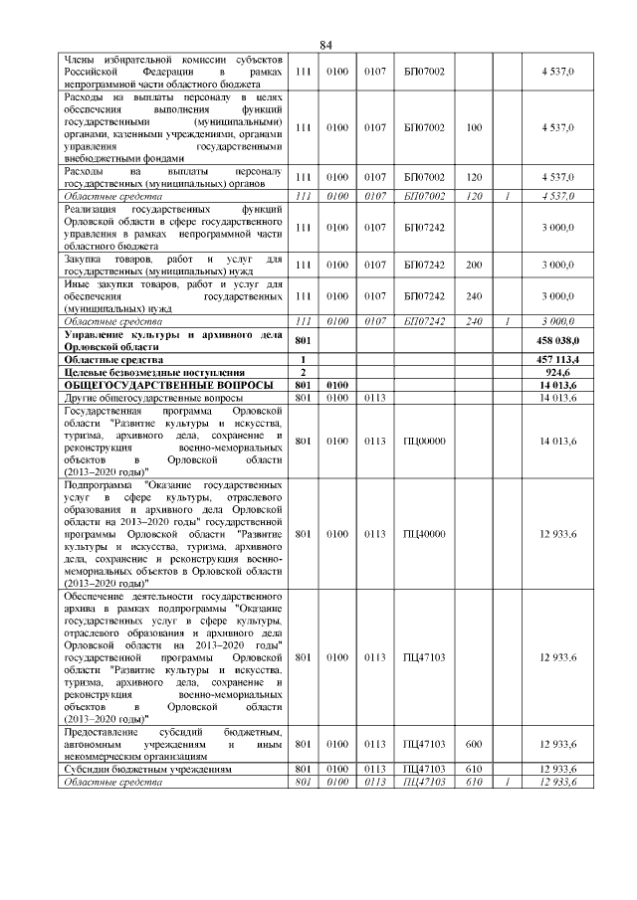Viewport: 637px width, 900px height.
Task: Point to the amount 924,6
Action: pyautogui.click(x=562, y=371)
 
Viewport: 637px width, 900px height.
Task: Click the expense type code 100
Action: pyautogui.click(x=473, y=127)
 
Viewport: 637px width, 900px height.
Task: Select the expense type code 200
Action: pyautogui.click(x=473, y=265)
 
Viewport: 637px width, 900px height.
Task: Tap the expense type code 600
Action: pyautogui.click(x=473, y=745)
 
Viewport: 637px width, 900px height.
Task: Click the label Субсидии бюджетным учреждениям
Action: pyautogui.click(x=146, y=770)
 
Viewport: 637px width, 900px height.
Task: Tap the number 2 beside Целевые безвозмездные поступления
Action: pyautogui.click(x=302, y=371)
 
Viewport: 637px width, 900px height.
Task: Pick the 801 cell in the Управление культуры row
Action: pyautogui.click(x=303, y=340)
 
